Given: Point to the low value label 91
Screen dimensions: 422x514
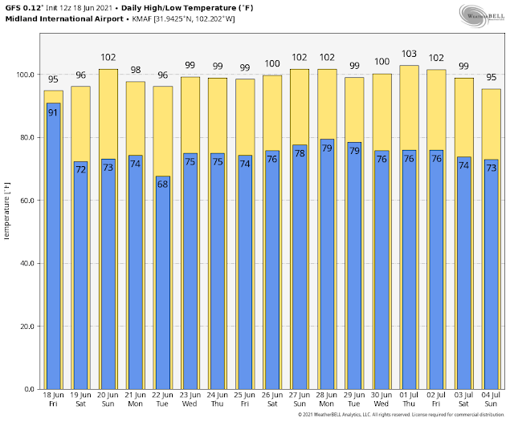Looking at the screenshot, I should point(53,112).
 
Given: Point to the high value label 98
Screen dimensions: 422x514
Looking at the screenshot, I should point(135,70).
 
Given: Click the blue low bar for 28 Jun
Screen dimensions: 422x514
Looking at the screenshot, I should point(326,264).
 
